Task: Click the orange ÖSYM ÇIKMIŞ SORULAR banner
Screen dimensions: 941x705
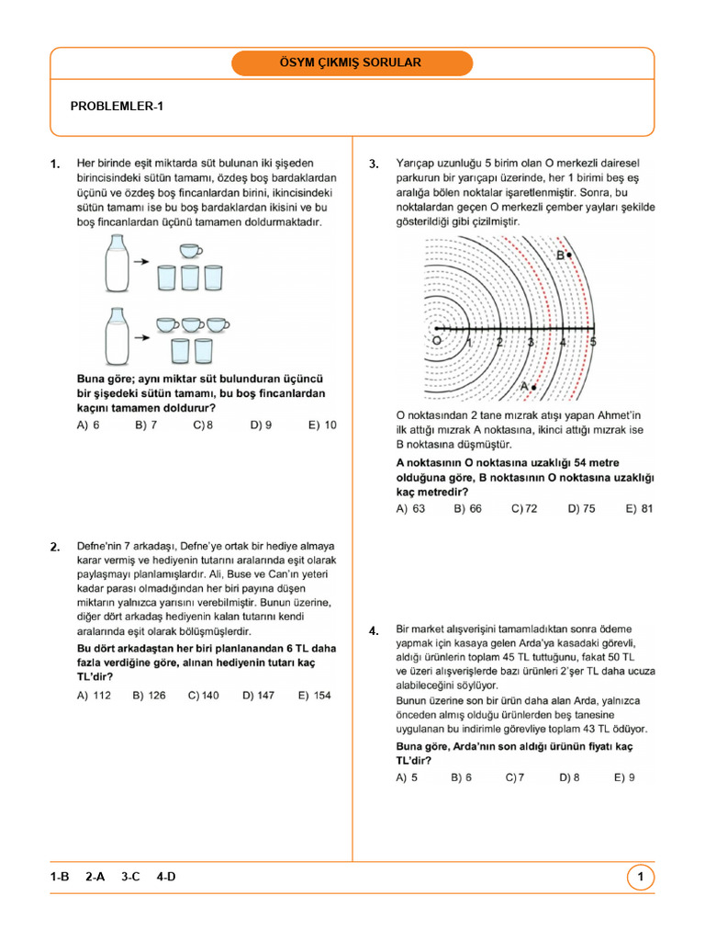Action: (x=352, y=63)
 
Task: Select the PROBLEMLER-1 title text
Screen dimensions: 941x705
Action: (x=117, y=107)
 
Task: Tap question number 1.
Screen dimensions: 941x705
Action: (x=55, y=164)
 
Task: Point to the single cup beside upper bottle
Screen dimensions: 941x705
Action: (x=190, y=251)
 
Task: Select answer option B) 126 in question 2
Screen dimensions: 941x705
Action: (x=149, y=696)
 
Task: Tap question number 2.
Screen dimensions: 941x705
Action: (x=55, y=548)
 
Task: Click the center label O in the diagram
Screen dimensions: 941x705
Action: (x=436, y=340)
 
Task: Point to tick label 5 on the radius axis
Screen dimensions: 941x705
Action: (x=593, y=342)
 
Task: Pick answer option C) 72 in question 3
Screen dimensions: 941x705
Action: (x=524, y=508)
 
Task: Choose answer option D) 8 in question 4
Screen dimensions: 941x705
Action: (x=569, y=777)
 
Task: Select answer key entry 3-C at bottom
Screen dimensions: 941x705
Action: (x=130, y=878)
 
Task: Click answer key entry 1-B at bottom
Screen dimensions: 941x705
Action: (x=61, y=878)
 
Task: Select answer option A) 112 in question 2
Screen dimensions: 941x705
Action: (x=94, y=696)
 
